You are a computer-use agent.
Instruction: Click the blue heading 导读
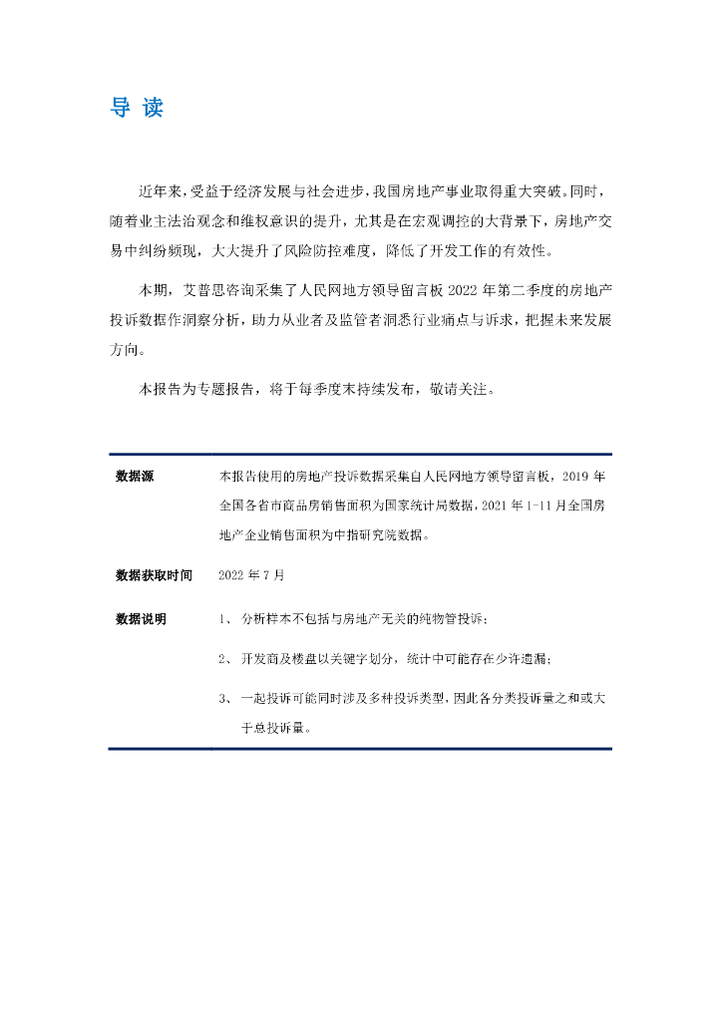[136, 109]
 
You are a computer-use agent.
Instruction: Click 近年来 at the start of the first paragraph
[158, 190]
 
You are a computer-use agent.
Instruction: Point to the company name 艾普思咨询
[219, 291]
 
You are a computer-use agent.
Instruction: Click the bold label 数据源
[135, 476]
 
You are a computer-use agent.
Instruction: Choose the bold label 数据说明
[141, 619]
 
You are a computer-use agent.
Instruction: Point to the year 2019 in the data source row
[581, 476]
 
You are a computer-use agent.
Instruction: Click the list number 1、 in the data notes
[225, 620]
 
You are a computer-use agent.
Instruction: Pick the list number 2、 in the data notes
[225, 659]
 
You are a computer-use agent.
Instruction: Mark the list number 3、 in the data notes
[225, 698]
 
